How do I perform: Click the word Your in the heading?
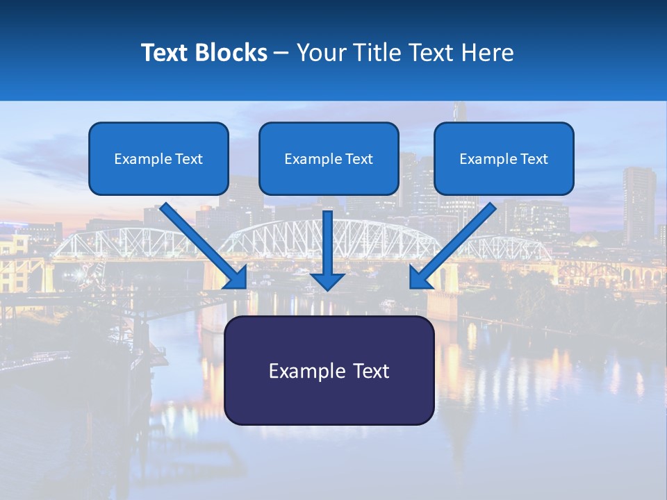(x=319, y=53)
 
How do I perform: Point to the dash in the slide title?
(x=281, y=53)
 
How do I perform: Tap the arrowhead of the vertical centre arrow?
(x=327, y=281)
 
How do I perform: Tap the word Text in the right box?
(x=534, y=159)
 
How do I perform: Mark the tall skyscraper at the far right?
(x=639, y=205)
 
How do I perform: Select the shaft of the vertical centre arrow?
(x=327, y=240)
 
